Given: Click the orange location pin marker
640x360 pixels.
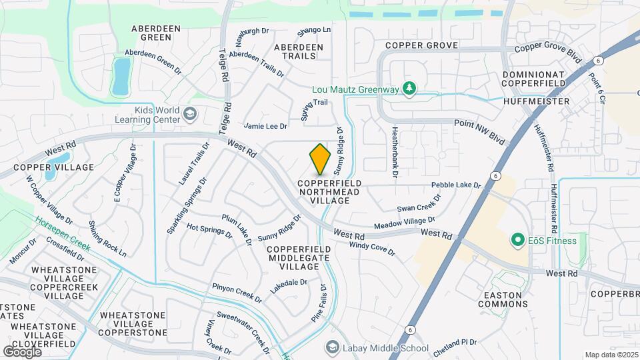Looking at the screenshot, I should (321, 159).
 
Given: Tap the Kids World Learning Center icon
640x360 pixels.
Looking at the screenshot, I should (190, 115).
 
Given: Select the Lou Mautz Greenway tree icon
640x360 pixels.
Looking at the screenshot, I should (410, 89).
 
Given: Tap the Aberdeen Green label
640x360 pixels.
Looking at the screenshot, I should (152, 33).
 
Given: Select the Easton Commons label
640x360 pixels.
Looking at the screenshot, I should (503, 299).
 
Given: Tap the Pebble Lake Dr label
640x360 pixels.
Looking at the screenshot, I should (456, 185).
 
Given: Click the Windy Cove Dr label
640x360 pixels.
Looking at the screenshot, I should (373, 249).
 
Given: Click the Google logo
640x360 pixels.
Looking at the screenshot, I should (22, 351).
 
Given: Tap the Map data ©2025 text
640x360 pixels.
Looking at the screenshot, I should (610, 355).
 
